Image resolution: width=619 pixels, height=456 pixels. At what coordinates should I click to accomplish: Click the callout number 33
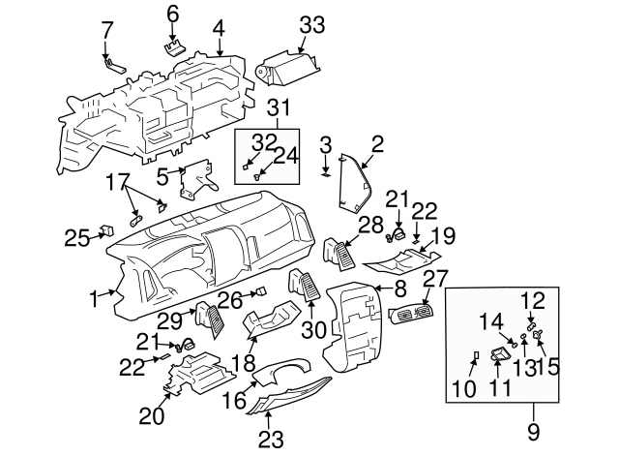311,25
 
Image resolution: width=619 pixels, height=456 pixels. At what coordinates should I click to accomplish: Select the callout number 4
219,29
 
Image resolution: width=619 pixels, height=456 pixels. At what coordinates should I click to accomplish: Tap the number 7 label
106,30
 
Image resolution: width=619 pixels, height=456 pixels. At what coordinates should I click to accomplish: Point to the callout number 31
280,107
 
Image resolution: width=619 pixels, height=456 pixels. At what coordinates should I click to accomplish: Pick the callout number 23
271,439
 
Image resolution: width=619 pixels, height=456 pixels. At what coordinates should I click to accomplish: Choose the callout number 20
151,416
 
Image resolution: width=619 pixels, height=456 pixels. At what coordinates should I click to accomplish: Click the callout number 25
77,238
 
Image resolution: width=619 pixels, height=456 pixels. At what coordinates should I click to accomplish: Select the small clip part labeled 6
175,49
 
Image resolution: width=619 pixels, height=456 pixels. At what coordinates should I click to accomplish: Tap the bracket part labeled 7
116,67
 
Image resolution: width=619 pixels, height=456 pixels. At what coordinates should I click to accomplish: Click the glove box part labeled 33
288,67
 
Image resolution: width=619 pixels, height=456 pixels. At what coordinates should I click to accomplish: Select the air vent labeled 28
339,254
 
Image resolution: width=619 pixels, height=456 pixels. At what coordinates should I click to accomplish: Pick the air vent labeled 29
210,319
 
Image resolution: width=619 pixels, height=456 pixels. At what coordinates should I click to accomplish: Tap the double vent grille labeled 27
411,314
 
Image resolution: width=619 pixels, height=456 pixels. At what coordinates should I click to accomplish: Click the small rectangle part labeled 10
476,355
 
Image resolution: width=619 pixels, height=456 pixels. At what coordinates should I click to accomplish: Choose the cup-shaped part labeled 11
501,353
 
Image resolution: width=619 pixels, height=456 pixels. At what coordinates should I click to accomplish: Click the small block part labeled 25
107,230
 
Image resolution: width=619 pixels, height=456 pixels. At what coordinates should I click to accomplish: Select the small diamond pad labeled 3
325,172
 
